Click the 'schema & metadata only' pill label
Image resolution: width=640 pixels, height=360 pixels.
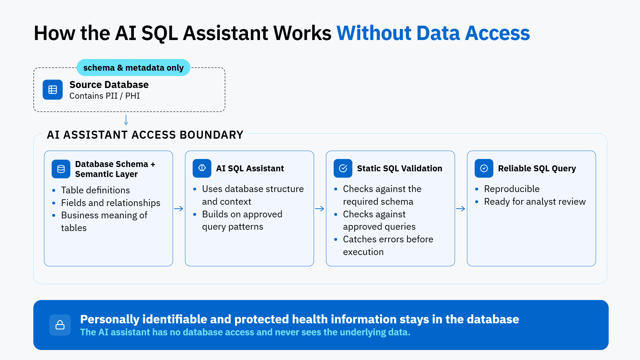click(x=133, y=68)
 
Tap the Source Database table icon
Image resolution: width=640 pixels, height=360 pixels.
click(x=53, y=90)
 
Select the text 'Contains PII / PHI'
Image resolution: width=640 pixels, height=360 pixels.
click(x=105, y=96)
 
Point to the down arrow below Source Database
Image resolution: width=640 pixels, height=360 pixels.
click(x=126, y=120)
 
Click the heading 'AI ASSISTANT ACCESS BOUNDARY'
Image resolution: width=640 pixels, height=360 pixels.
click(x=145, y=135)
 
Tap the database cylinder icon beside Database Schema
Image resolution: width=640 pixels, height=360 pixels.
click(x=61, y=169)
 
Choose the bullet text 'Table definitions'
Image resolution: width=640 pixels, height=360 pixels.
click(x=95, y=190)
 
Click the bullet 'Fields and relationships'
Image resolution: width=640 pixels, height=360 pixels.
click(x=111, y=203)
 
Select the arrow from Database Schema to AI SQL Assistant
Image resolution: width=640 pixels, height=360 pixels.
click(x=179, y=209)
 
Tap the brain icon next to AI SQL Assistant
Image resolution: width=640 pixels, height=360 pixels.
click(x=202, y=168)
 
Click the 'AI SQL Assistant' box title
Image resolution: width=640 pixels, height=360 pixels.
click(x=250, y=168)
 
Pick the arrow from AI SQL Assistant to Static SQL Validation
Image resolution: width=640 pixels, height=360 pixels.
click(x=320, y=209)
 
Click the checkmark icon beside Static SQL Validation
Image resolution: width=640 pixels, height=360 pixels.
click(x=343, y=168)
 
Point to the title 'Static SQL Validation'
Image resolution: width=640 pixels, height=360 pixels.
click(x=400, y=168)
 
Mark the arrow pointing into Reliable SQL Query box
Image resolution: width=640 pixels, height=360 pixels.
click(x=461, y=209)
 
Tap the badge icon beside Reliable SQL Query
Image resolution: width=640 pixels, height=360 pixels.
click(x=484, y=168)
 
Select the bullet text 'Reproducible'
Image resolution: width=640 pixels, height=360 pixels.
click(x=512, y=189)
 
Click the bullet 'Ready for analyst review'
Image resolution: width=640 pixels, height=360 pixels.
click(x=535, y=202)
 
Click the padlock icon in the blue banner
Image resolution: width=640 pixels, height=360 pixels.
click(x=60, y=325)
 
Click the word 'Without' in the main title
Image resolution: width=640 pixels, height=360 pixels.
click(x=374, y=33)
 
